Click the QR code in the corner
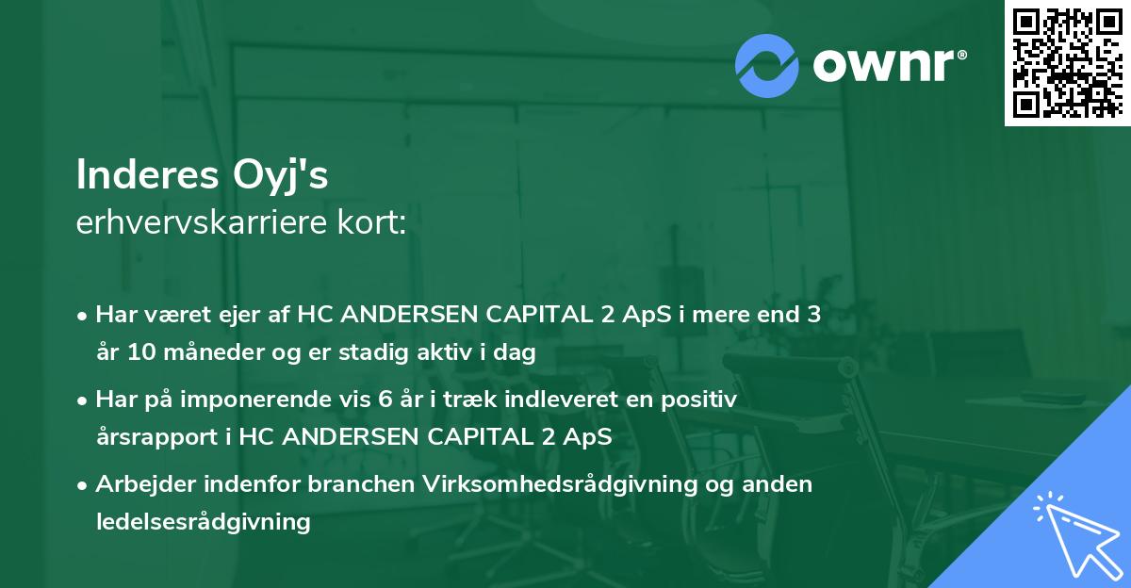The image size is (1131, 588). click(x=1067, y=63)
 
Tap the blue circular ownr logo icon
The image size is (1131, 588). click(x=767, y=65)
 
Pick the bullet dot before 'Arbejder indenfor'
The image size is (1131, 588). click(x=83, y=484)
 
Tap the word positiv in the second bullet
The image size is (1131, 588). click(x=703, y=400)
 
